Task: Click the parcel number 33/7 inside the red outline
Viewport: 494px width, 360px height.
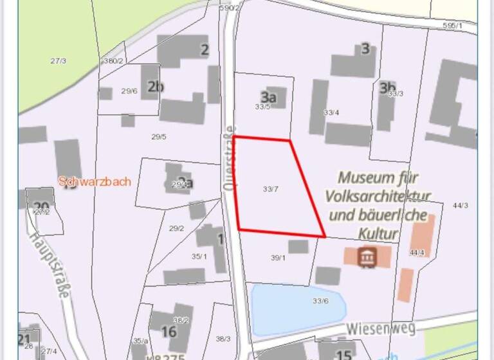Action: (271, 189)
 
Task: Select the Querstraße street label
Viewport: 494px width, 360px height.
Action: (228, 157)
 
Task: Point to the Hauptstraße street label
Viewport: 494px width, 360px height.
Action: (49, 264)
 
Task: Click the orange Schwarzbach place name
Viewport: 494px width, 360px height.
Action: (95, 181)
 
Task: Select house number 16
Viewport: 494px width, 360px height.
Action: (169, 332)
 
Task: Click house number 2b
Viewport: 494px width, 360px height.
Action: (155, 87)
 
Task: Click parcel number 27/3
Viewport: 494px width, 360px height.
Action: (58, 60)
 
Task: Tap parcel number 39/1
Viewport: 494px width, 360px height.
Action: (278, 258)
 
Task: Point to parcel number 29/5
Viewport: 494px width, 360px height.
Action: (159, 136)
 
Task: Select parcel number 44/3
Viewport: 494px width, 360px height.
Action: (461, 206)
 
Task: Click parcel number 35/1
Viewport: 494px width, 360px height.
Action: (199, 256)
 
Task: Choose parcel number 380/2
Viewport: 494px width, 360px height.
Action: (113, 60)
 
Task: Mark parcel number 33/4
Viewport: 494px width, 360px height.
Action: (331, 113)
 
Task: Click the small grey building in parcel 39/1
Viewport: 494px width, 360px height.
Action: (298, 246)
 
